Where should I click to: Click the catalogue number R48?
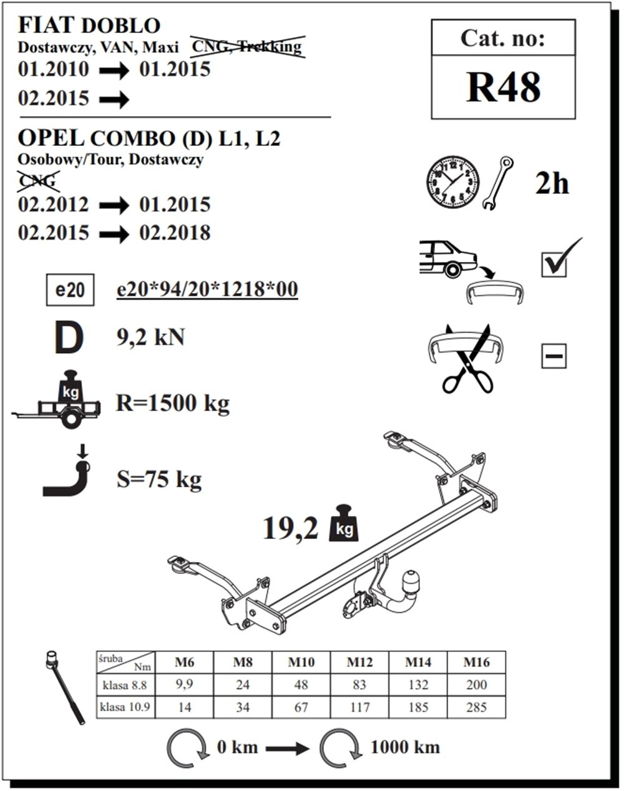[504, 87]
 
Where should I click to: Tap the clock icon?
[453, 182]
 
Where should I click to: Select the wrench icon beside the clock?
[497, 183]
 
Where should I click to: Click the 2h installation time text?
[552, 184]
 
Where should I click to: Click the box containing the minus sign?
[553, 356]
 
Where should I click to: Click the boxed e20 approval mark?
[70, 290]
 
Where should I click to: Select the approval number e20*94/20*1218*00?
[207, 289]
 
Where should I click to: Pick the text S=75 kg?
[159, 479]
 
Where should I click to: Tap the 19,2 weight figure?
[290, 529]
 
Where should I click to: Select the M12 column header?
[359, 662]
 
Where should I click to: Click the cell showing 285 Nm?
[476, 707]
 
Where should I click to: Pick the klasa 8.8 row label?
[125, 685]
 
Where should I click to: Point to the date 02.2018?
[175, 233]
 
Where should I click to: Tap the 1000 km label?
[405, 747]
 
